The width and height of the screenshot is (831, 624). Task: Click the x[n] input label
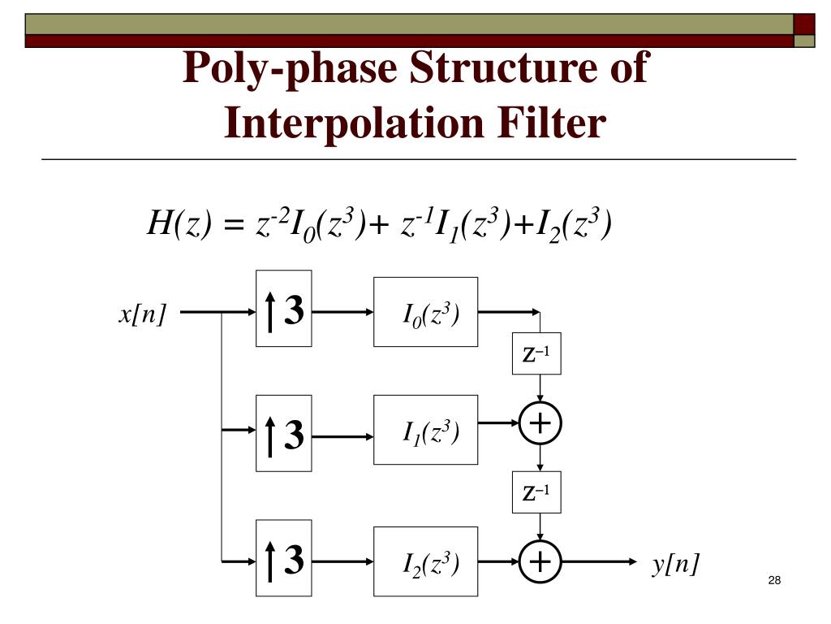[x=142, y=314]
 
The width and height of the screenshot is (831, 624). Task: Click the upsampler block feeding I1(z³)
[x=283, y=433]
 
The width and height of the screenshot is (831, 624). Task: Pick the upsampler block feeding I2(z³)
[x=283, y=560]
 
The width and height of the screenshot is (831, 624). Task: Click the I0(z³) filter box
[x=425, y=312]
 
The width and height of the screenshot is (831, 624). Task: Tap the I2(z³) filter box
[x=425, y=561]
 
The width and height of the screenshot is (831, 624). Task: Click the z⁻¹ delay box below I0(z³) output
[x=536, y=354]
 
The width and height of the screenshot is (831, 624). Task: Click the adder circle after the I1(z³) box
[x=540, y=423]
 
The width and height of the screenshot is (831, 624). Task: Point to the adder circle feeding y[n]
[x=540, y=561]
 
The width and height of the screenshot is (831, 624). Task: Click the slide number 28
[x=773, y=580]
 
